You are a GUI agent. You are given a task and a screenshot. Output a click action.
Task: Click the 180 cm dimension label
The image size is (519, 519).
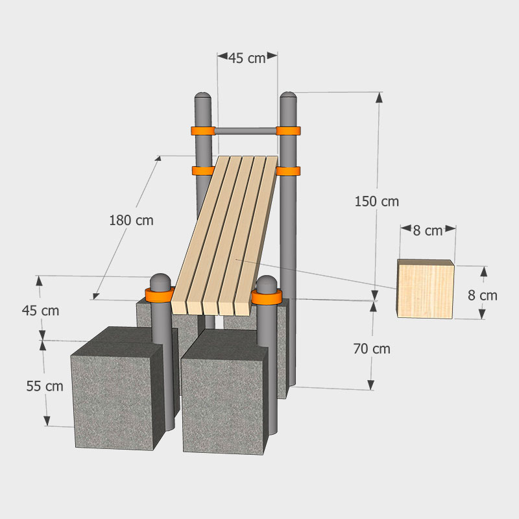(132, 221)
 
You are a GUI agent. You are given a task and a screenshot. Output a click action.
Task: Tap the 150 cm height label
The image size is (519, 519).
(377, 202)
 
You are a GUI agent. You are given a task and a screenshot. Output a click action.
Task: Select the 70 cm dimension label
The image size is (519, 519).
(372, 349)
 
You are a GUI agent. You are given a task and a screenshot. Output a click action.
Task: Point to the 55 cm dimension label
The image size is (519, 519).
(45, 386)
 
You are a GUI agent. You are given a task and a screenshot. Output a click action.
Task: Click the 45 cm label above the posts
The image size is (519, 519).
(247, 58)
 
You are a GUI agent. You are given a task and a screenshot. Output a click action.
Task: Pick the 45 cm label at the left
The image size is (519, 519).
(40, 311)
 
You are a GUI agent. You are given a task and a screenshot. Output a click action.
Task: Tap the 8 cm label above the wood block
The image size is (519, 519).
(428, 231)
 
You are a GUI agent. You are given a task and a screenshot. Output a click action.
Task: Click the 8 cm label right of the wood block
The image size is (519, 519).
(483, 296)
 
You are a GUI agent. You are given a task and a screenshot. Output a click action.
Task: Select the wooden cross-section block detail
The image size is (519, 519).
(426, 289)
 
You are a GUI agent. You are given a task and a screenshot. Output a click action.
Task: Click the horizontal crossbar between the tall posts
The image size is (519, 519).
(246, 131)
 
